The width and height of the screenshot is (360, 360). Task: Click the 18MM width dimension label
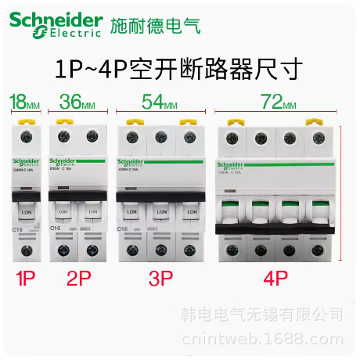(24, 101)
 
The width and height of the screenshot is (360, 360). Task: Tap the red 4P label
(275, 278)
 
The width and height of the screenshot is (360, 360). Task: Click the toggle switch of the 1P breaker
(27, 212)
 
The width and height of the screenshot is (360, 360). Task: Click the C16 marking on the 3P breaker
(123, 229)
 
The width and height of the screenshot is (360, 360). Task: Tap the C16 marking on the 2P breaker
(56, 229)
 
